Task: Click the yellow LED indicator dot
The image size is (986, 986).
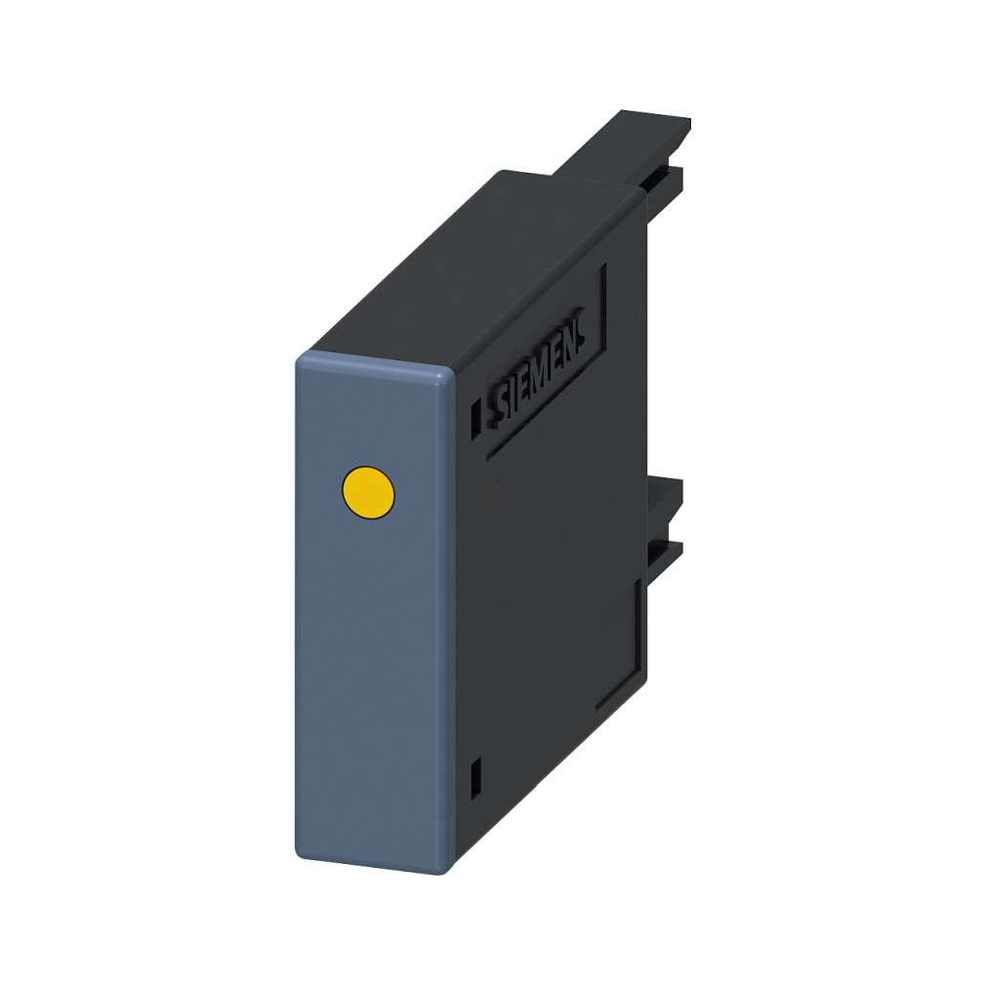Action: click(x=368, y=493)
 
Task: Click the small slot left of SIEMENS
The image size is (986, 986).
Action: click(x=476, y=414)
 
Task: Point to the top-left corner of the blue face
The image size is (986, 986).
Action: click(x=296, y=360)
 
